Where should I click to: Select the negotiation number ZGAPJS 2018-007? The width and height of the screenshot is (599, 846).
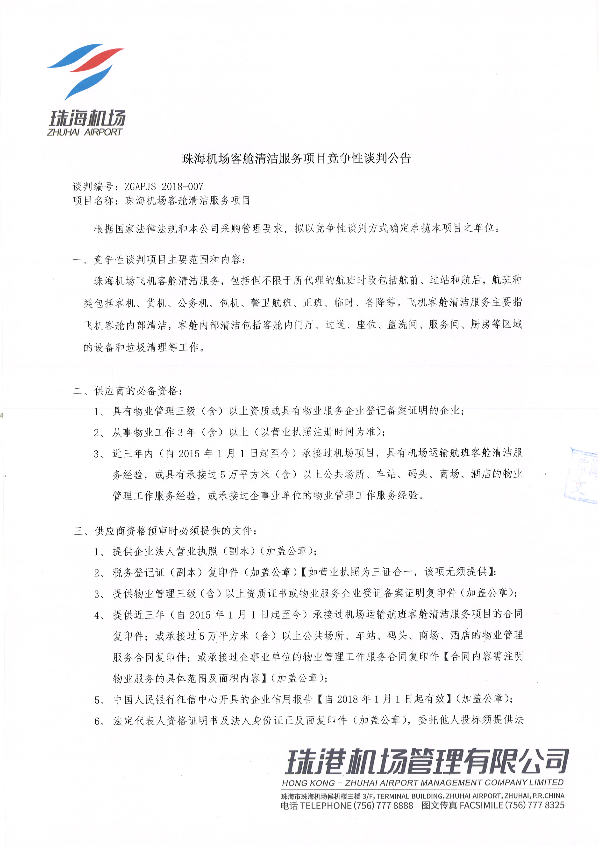[x=164, y=186]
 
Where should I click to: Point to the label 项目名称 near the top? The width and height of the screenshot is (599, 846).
[x=93, y=200]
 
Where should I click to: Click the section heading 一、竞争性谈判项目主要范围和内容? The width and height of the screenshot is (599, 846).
[x=159, y=260]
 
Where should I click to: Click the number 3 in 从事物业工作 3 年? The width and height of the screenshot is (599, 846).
[x=180, y=432]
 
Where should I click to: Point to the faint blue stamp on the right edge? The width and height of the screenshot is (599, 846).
[x=583, y=475]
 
